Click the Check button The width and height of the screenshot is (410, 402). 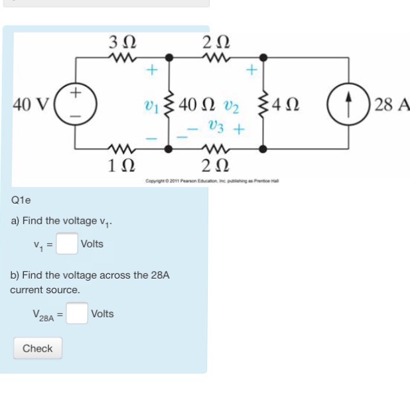click(38, 348)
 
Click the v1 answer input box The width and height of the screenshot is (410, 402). click(66, 244)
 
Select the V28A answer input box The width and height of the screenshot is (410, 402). click(76, 314)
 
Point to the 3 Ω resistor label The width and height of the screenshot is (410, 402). click(122, 42)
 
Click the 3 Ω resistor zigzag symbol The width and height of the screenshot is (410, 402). click(122, 58)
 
